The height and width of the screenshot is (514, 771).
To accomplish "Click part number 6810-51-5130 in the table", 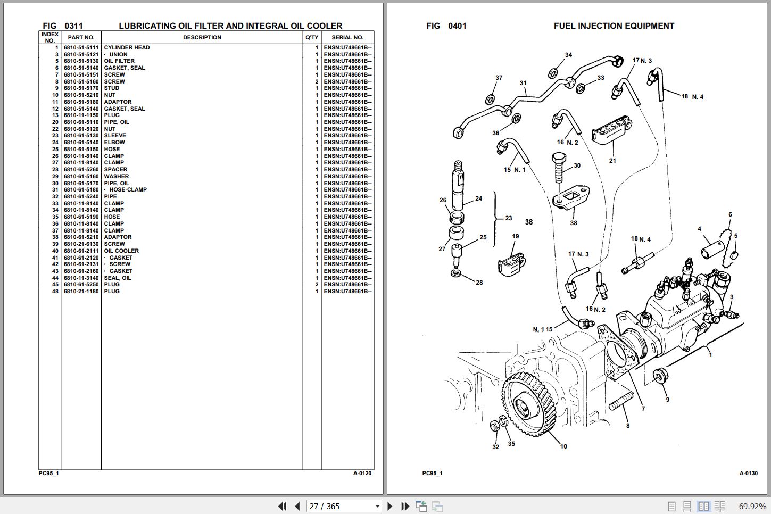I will coord(81,61).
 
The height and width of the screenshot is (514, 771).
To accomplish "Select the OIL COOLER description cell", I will coord(121,251).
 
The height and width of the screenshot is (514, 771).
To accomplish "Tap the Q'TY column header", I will coord(312,38).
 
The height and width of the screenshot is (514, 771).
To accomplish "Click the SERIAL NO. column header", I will coord(347,38).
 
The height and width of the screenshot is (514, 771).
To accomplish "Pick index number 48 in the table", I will coord(55,292).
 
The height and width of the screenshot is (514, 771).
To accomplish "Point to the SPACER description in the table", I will coord(115,170).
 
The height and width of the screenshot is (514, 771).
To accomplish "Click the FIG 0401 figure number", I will coord(446,26).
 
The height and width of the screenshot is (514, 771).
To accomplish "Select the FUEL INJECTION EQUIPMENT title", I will coord(614,26).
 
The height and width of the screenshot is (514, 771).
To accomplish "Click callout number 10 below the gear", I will coord(563,446).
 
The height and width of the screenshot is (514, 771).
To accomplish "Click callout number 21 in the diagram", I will coord(612,160).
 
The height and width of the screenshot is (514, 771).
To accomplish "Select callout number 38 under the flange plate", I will coord(574,223).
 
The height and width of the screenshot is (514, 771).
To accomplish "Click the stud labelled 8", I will coord(620,401).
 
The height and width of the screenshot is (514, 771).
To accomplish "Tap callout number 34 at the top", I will coord(568,55).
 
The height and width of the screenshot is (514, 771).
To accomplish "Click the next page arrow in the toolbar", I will coord(390,507).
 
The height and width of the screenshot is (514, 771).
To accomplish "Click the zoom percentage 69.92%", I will coord(752,507).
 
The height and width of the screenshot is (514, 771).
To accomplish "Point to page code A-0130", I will coord(748,473).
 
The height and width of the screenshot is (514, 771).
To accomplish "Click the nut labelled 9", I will coord(660,377).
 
